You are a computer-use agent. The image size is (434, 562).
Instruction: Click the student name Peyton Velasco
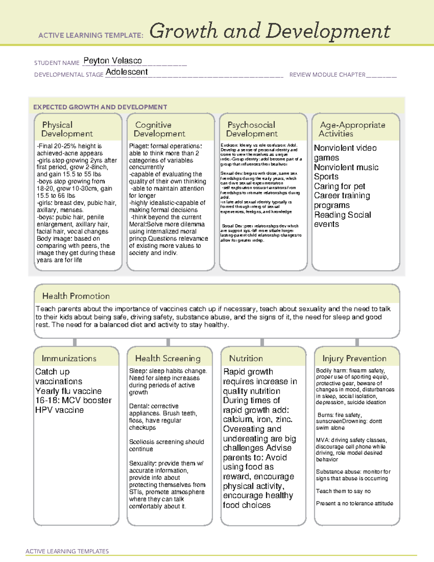(112, 61)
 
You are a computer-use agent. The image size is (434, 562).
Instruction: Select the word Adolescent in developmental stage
(127, 72)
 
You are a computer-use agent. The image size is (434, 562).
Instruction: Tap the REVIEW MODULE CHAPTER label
(327, 75)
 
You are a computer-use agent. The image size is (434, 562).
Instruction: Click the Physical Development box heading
(67, 129)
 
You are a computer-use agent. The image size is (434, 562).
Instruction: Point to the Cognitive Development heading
(159, 129)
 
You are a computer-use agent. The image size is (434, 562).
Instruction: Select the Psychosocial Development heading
(252, 129)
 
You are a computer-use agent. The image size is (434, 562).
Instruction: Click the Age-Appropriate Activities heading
(352, 129)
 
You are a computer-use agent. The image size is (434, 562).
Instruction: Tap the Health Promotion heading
(76, 296)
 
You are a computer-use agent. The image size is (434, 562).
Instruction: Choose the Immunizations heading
(69, 358)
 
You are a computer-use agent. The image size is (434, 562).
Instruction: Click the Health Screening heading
(168, 358)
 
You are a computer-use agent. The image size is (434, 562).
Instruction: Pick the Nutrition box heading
(246, 358)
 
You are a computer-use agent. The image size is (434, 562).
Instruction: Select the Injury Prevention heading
(354, 358)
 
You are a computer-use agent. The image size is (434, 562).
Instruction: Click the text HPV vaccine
(60, 410)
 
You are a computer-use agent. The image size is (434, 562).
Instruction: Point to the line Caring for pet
(339, 186)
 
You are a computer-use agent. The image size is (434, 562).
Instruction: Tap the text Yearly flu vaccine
(68, 391)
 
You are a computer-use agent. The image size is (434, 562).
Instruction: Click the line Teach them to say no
(343, 491)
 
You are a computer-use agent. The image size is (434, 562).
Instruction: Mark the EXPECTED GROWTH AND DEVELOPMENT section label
(100, 107)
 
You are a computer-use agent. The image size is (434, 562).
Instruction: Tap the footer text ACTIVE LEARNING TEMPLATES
(67, 551)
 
